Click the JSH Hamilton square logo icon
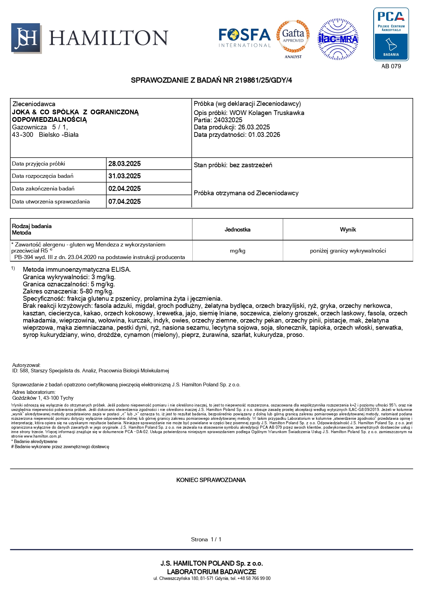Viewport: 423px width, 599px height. pyautogui.click(x=26, y=38)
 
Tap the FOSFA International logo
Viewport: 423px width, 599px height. pyautogui.click(x=245, y=38)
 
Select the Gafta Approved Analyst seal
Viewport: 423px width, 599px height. pyautogui.click(x=293, y=39)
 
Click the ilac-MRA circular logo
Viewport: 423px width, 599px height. pyautogui.click(x=338, y=39)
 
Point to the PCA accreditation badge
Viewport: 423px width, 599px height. pyautogui.click(x=391, y=34)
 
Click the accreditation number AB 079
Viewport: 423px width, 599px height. pyautogui.click(x=391, y=66)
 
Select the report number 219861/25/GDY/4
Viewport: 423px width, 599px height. pyautogui.click(x=264, y=80)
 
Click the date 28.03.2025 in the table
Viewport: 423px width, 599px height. pyautogui.click(x=125, y=164)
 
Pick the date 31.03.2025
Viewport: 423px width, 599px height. pyautogui.click(x=125, y=176)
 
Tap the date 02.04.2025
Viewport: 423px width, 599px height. pyautogui.click(x=125, y=189)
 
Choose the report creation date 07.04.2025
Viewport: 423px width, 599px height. pyautogui.click(x=125, y=202)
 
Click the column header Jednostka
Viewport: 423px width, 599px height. pyautogui.click(x=237, y=230)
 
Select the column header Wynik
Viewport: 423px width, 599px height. pyautogui.click(x=348, y=230)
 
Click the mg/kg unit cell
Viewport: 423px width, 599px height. pyautogui.click(x=237, y=251)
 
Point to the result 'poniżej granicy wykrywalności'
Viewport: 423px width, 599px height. pyautogui.click(x=348, y=251)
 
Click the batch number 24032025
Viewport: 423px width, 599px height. pyautogui.click(x=228, y=120)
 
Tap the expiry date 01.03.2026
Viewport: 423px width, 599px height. pyautogui.click(x=264, y=135)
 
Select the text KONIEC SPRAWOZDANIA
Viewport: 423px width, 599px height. pyautogui.click(x=211, y=480)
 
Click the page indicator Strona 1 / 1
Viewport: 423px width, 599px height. pyautogui.click(x=206, y=540)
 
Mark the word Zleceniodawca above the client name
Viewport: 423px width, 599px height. pyautogui.click(x=34, y=104)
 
